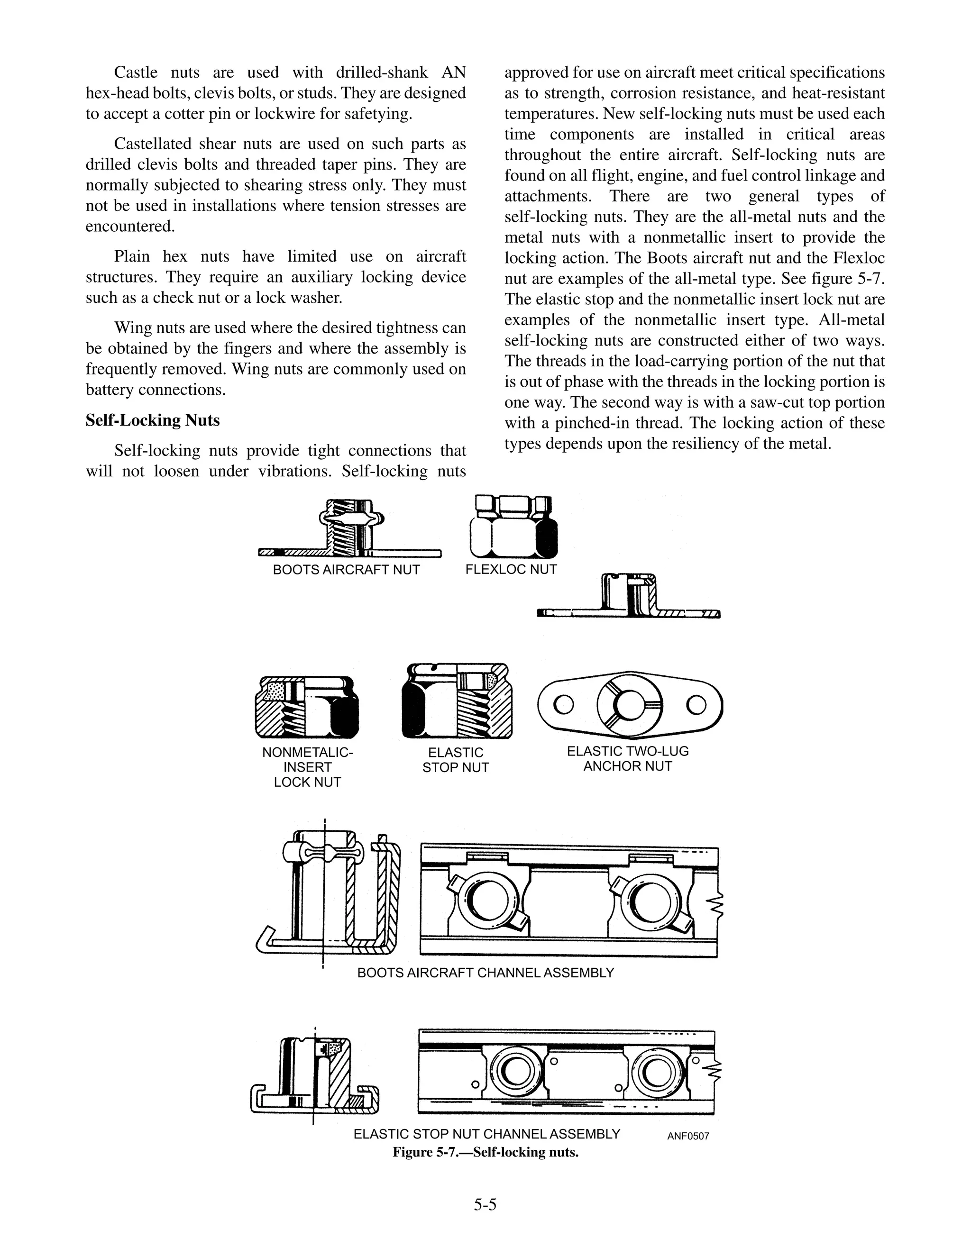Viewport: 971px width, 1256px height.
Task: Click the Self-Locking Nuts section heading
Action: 153,420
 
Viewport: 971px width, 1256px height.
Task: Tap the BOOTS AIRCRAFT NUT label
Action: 346,570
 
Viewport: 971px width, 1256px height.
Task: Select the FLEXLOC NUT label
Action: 511,569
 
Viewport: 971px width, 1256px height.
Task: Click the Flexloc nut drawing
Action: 513,528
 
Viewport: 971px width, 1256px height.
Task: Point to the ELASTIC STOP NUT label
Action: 455,760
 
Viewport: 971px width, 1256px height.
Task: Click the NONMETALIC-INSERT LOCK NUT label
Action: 307,767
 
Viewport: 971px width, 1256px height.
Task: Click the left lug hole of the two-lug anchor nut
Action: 563,704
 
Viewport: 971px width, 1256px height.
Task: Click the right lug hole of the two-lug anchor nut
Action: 696,704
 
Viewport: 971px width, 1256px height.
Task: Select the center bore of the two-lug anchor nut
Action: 629,704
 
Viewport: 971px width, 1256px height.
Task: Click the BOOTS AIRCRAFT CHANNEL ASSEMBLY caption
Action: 485,973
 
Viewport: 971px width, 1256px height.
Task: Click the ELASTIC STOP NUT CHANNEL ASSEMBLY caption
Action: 486,1146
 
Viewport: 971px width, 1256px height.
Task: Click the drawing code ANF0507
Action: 688,1148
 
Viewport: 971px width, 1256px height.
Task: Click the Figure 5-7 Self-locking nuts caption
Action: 485,1164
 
